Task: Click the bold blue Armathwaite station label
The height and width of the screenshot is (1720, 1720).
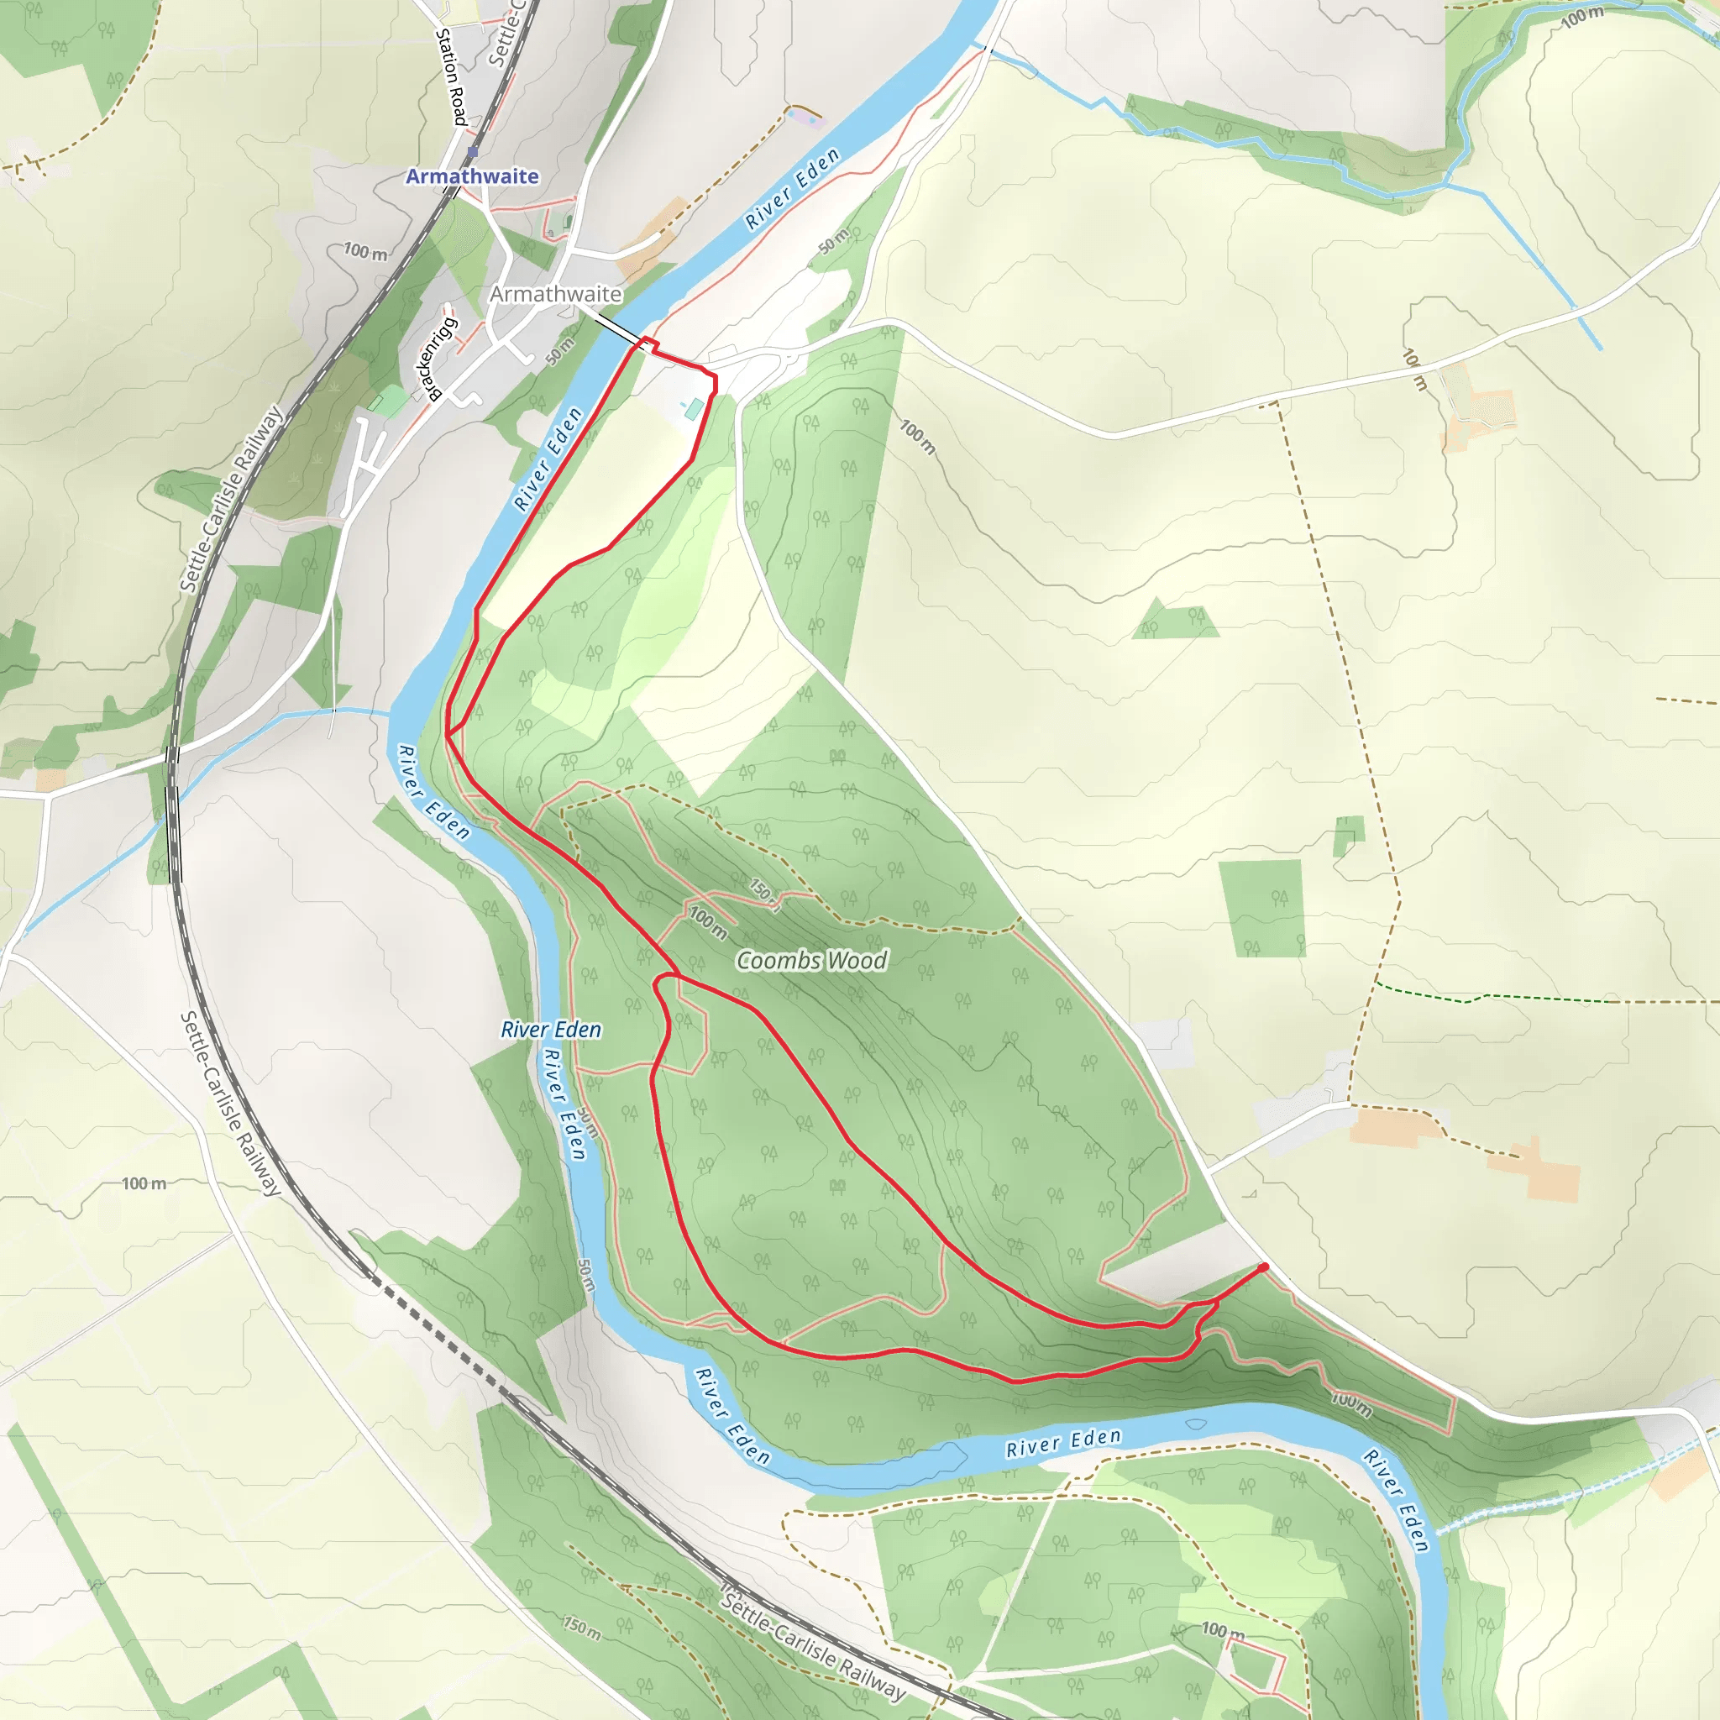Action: [472, 176]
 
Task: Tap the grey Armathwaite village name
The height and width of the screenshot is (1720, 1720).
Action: [555, 294]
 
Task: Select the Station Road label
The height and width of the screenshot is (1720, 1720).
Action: [451, 76]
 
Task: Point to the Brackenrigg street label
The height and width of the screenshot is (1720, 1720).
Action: [437, 359]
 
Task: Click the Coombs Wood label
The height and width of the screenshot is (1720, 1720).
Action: [812, 961]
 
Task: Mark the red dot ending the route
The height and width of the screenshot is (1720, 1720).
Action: [1263, 1266]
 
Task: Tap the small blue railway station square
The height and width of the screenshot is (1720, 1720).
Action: [472, 153]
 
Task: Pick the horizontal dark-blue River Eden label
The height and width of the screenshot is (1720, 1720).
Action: [551, 1029]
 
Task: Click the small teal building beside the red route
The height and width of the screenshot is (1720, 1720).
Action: [694, 410]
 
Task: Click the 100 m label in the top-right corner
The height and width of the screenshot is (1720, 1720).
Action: [1582, 17]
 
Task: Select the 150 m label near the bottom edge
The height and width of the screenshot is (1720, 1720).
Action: [581, 1626]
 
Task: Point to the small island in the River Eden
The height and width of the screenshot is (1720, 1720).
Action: [1196, 1424]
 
